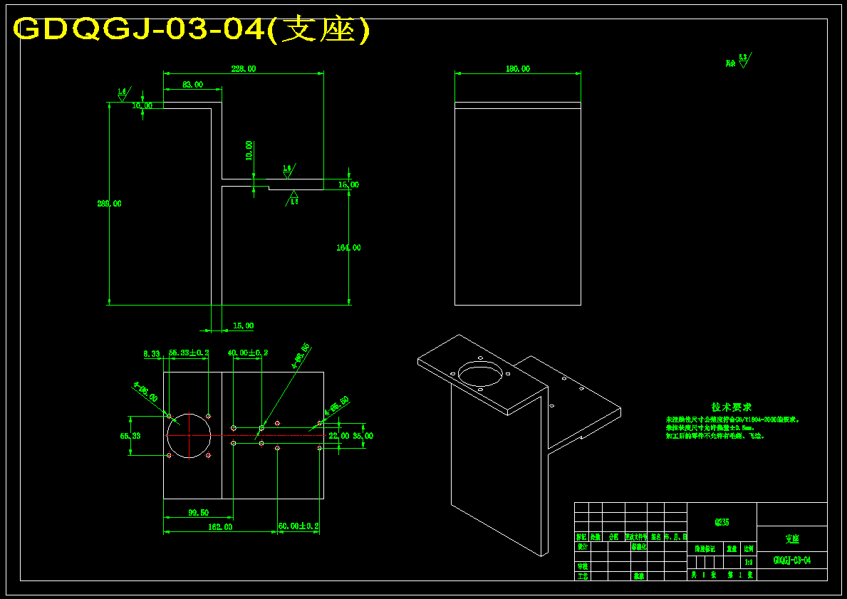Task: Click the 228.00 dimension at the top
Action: [x=244, y=69]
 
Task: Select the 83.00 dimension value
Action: [x=192, y=85]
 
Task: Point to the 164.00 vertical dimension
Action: [x=348, y=248]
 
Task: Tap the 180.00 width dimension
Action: [x=518, y=69]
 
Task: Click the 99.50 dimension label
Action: [x=198, y=513]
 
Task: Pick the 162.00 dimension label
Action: [x=219, y=527]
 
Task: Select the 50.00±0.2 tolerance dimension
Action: [x=298, y=526]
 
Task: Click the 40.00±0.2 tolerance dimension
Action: [x=248, y=353]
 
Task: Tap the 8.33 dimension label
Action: [x=151, y=353]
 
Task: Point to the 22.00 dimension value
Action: [x=339, y=435]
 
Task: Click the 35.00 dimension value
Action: [x=363, y=435]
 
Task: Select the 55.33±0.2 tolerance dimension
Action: [x=189, y=353]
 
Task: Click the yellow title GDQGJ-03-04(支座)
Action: [x=192, y=30]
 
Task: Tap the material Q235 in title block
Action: [x=722, y=522]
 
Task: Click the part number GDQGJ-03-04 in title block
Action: [x=791, y=561]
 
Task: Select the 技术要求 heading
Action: [x=732, y=407]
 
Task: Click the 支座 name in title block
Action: [x=791, y=539]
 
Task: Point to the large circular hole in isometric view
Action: [x=482, y=373]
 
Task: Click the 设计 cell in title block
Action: [x=583, y=547]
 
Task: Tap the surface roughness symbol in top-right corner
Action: [x=743, y=61]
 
